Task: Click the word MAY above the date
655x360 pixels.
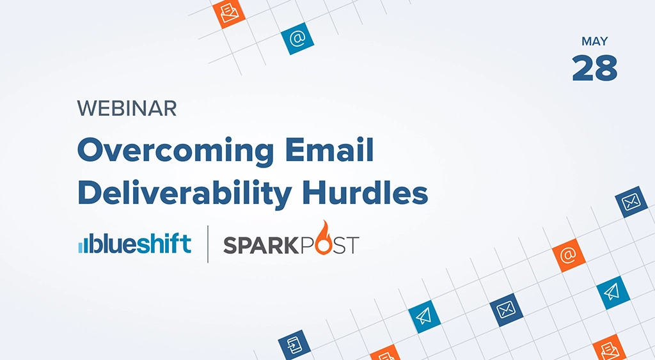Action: coord(594,42)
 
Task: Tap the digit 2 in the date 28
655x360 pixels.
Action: coord(583,68)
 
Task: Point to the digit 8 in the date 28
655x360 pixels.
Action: coord(606,68)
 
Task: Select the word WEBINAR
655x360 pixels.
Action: coord(127,109)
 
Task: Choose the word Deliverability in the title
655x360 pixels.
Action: coord(177,192)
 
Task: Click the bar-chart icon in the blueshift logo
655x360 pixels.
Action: coord(83,245)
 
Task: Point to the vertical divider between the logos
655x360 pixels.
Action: coord(208,244)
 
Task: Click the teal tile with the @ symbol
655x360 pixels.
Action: coord(297,39)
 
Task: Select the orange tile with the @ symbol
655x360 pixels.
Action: coord(568,255)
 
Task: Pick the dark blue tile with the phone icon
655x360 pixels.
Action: coord(294,344)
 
